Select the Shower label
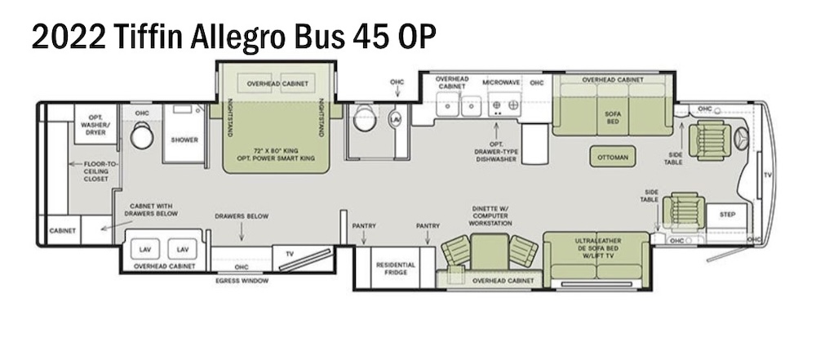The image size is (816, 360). click(184, 140)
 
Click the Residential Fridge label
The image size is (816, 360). click(395, 269)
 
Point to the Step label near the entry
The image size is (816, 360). click(727, 215)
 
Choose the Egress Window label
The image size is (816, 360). click(242, 281)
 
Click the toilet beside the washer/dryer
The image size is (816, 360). click(142, 135)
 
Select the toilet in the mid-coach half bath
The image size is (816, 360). click(363, 119)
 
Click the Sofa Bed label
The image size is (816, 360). click(612, 118)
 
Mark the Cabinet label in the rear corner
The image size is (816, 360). click(62, 230)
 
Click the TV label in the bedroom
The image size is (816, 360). click(288, 253)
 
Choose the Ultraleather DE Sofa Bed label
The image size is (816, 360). click(596, 248)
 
